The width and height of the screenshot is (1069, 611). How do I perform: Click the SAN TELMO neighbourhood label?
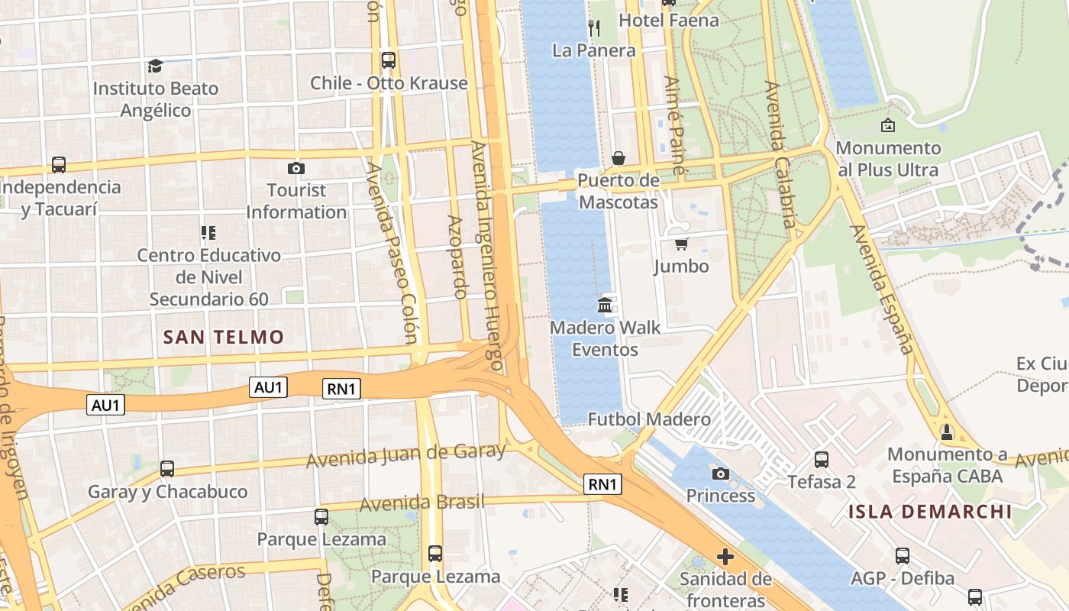point(224,337)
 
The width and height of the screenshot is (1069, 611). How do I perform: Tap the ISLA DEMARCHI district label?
point(930,512)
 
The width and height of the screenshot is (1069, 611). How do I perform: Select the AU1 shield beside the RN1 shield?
point(268,388)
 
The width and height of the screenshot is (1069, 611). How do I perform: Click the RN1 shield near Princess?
point(602,483)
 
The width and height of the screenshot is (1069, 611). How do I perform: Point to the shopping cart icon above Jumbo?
point(681,244)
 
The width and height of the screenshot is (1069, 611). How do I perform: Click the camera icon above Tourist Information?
point(296,168)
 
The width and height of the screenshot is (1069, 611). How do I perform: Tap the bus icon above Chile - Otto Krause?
point(389,60)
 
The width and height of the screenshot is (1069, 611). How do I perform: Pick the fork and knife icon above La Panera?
point(594,28)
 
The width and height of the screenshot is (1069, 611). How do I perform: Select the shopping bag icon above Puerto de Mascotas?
point(618,158)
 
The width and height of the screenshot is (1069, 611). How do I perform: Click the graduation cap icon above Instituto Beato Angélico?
point(156,66)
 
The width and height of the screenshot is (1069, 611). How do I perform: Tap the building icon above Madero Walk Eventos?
point(605,305)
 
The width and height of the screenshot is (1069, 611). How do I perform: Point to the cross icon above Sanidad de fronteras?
point(725,557)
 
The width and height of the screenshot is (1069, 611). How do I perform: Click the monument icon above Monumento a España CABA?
point(947,432)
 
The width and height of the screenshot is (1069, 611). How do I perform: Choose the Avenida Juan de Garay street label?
point(405,456)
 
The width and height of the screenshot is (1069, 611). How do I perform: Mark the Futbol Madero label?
point(649,419)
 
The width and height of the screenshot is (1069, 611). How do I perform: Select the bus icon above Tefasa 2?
point(822,460)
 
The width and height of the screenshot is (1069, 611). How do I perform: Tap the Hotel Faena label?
point(669,21)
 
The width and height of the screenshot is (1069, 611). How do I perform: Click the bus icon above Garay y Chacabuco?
point(167,469)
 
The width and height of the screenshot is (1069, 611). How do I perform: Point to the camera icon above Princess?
point(720,474)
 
